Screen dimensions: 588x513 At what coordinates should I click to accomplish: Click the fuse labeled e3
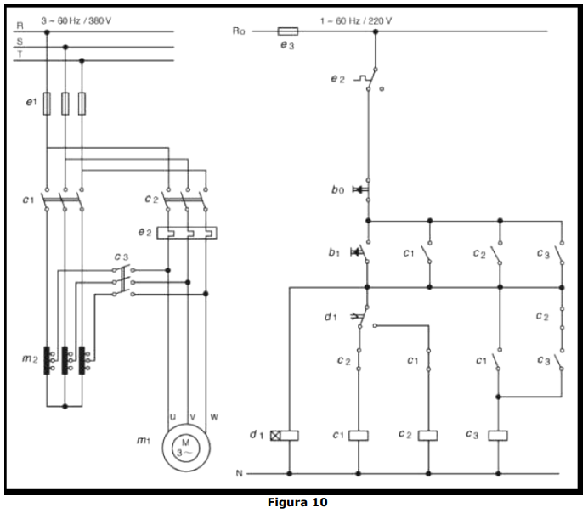[288, 31]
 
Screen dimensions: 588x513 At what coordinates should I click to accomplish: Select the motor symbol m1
[186, 448]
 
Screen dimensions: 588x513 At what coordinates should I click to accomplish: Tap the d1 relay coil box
[285, 436]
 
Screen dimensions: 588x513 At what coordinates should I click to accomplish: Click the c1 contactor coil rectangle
[359, 436]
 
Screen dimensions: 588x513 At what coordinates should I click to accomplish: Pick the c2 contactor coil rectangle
[428, 436]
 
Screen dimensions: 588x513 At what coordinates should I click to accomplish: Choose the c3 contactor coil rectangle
[498, 436]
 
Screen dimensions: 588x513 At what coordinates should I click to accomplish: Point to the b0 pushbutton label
[337, 190]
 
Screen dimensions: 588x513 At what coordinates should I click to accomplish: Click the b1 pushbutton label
[334, 252]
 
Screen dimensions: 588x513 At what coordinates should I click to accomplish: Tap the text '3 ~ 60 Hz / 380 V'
[76, 20]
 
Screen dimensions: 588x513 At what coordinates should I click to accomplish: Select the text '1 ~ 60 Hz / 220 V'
[356, 20]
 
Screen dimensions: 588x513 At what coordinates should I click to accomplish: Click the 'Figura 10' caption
[297, 502]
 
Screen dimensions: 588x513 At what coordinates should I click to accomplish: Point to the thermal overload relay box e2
[187, 233]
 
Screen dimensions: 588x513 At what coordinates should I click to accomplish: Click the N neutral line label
[240, 473]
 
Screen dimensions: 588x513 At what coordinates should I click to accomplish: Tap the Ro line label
[239, 31]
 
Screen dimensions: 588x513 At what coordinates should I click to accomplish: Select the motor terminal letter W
[214, 417]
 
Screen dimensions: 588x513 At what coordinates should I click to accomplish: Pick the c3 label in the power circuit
[122, 256]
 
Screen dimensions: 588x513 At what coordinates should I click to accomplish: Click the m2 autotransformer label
[30, 358]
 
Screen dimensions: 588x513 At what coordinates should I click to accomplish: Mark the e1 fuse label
[31, 102]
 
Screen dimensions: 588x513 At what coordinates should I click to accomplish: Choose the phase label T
[20, 54]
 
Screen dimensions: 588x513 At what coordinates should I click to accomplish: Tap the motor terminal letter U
[172, 417]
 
